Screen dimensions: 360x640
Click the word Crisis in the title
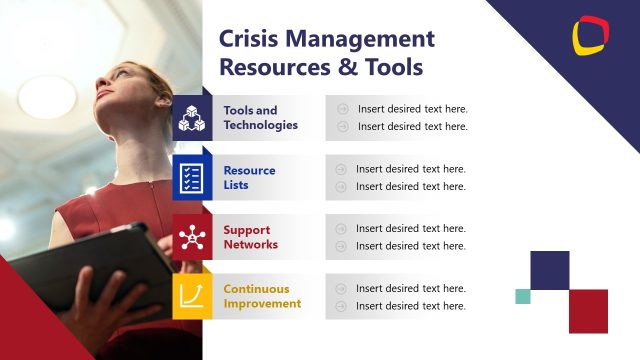[x=248, y=39]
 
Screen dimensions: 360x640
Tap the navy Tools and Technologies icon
[x=191, y=119]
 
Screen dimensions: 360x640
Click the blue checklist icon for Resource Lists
[x=191, y=178]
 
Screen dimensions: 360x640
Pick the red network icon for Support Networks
[x=191, y=237]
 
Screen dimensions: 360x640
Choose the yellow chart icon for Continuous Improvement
[x=191, y=296]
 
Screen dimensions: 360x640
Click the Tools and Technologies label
[x=260, y=118]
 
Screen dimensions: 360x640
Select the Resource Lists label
[x=249, y=178]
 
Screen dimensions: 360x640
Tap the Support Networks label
[x=250, y=237]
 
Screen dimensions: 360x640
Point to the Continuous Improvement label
[x=262, y=296]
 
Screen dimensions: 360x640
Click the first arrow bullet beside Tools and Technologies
[x=342, y=109]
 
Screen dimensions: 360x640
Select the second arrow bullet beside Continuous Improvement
[x=342, y=305]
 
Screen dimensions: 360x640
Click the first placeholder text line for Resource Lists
[x=411, y=169]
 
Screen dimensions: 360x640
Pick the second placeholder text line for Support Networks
[x=411, y=246]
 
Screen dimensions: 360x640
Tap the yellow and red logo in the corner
[x=590, y=35]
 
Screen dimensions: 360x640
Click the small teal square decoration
[x=522, y=296]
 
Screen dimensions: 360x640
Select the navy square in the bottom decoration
[x=549, y=270]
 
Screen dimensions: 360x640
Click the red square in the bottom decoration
[x=588, y=311]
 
